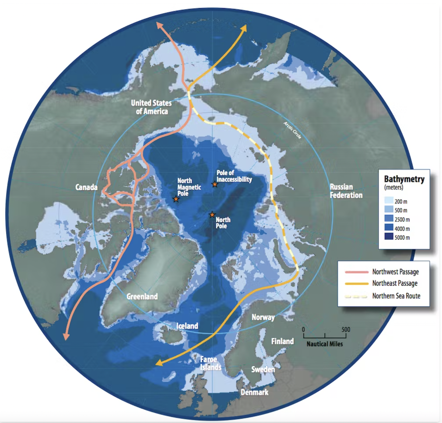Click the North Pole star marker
pyautogui.click(x=212, y=214)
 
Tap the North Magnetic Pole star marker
pyautogui.click(x=176, y=199)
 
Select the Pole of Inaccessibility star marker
pyautogui.click(x=214, y=184)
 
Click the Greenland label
pyautogui.click(x=142, y=296)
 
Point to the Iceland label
pyautogui.click(x=187, y=326)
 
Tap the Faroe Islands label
pyautogui.click(x=211, y=363)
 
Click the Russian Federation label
pyautogui.click(x=346, y=191)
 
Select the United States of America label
pyautogui.click(x=151, y=107)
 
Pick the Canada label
pyautogui.click(x=86, y=187)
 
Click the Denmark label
pyautogui.click(x=255, y=392)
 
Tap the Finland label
pyautogui.click(x=283, y=341)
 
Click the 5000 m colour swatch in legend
pyautogui.click(x=389, y=237)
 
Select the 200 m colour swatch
pyautogui.click(x=389, y=201)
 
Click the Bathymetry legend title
pyautogui.click(x=404, y=179)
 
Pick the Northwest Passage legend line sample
pyautogui.click(x=357, y=272)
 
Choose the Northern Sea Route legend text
pyautogui.click(x=396, y=296)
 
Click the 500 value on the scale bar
pyautogui.click(x=345, y=329)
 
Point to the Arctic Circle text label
pyautogui.click(x=292, y=130)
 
